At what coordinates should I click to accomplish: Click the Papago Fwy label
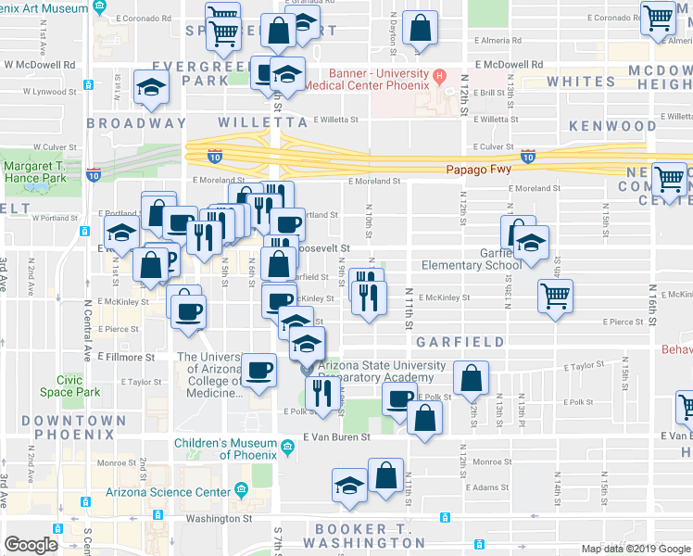click(481, 170)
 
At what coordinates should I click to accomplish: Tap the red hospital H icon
click(441, 76)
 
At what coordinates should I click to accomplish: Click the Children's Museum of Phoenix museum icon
click(287, 449)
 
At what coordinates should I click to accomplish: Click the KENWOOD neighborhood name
click(612, 125)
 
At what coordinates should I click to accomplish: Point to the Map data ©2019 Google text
click(635, 549)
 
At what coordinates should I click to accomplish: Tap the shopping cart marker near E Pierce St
click(555, 297)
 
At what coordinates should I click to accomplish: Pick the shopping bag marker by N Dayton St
click(420, 28)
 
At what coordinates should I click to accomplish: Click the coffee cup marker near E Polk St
click(399, 398)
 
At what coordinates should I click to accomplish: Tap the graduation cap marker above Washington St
click(348, 485)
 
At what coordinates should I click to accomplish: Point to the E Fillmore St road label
click(125, 357)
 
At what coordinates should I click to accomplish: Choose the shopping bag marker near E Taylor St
click(471, 378)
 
